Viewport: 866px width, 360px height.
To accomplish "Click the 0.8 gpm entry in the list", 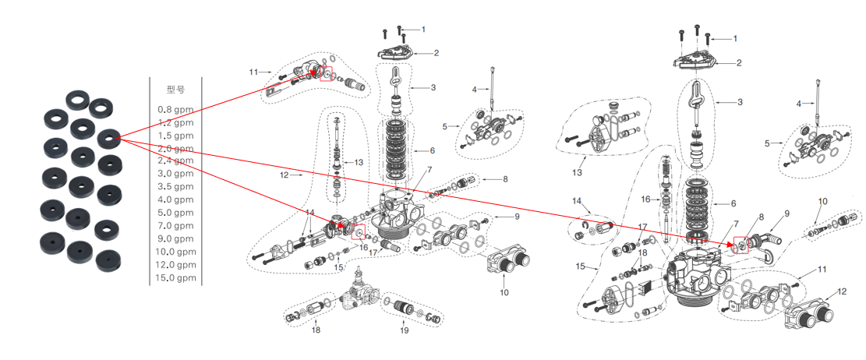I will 175,109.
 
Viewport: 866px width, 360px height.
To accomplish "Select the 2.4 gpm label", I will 175,161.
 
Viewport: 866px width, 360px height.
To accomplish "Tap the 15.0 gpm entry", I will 175,277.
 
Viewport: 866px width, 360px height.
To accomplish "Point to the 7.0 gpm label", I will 175,225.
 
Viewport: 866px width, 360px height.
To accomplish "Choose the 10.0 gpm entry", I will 175,252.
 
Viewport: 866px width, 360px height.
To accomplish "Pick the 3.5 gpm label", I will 175,186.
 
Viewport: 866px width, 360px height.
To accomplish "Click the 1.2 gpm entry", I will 175,122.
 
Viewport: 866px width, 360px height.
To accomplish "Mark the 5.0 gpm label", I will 175,213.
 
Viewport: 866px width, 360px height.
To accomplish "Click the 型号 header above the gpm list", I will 175,90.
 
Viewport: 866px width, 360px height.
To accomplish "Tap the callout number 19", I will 405,330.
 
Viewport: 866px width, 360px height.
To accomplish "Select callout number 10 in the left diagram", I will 504,292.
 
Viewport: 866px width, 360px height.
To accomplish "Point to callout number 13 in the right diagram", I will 578,172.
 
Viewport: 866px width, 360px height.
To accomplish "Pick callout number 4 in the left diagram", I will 473,90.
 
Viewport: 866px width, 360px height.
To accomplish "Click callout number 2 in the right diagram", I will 737,63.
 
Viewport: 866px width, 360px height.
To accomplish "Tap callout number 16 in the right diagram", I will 646,199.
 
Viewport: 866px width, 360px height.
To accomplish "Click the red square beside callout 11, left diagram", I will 326,73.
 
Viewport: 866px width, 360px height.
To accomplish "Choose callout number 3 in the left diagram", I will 433,86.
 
